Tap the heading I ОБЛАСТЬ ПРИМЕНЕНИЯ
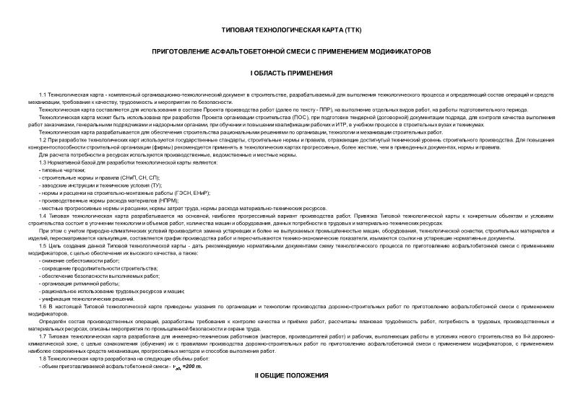click(x=291, y=74)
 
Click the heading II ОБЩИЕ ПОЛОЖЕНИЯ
click(x=291, y=376)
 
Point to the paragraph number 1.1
click(x=43, y=95)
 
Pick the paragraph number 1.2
click(x=43, y=139)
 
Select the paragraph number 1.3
click(x=43, y=162)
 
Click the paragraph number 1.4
click(x=43, y=216)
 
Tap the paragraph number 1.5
click(x=43, y=246)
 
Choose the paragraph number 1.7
click(x=43, y=337)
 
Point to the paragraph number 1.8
click(x=43, y=359)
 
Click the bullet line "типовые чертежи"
click(x=63, y=170)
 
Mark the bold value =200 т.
click(x=193, y=367)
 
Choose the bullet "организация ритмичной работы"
click(x=78, y=284)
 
